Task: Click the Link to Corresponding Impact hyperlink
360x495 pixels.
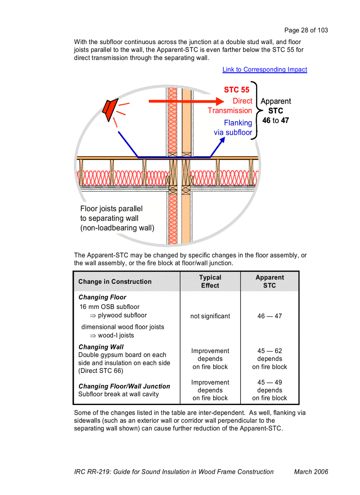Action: tap(265, 70)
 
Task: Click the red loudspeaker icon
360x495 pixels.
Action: tap(109, 110)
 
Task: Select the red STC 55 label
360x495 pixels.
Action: tap(236, 90)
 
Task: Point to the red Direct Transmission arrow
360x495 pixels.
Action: tap(185, 101)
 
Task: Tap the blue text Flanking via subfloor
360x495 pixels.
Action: tap(233, 128)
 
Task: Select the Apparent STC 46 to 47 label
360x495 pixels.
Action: tap(276, 111)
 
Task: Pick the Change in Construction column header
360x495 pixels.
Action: tap(115, 282)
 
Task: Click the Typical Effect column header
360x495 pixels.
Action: tap(210, 281)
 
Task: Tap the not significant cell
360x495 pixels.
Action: tap(210, 316)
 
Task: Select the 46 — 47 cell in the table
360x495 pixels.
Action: tap(270, 316)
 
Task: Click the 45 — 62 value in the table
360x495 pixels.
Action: tap(270, 351)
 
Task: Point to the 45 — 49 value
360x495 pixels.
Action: tap(270, 383)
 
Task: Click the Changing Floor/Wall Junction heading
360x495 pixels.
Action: tap(124, 386)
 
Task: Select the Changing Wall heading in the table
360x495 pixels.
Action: tap(101, 347)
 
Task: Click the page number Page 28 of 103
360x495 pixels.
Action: tap(306, 30)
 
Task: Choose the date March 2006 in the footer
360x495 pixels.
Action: tap(311, 472)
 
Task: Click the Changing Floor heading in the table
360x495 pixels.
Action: tap(102, 298)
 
